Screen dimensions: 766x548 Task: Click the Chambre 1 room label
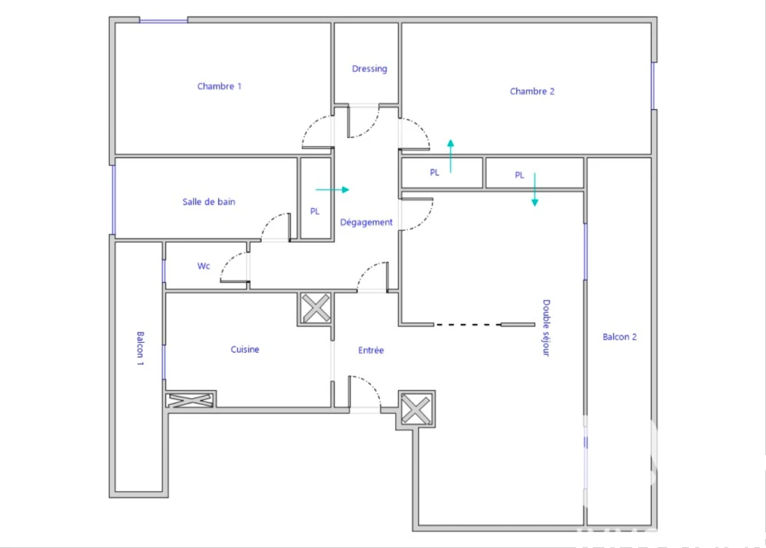219,86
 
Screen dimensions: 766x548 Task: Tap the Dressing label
370,69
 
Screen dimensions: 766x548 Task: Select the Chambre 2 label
532,91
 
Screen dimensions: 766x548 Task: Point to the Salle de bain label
209,201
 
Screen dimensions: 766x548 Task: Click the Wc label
203,266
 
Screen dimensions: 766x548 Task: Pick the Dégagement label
367,222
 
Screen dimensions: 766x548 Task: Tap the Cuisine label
245,350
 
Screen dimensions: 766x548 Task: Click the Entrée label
371,350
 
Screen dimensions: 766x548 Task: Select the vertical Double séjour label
546,328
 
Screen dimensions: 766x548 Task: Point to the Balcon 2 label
619,337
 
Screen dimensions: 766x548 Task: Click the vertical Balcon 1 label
140,349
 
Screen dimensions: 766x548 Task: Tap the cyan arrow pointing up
450,156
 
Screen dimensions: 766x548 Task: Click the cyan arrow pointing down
534,189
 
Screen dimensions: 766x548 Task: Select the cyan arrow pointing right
332,189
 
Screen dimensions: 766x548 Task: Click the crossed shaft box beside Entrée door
416,410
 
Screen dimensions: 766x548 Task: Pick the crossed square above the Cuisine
316,308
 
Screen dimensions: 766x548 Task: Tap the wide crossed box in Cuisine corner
190,401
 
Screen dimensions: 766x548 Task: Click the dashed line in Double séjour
468,325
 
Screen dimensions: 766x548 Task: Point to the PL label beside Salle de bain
315,211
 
